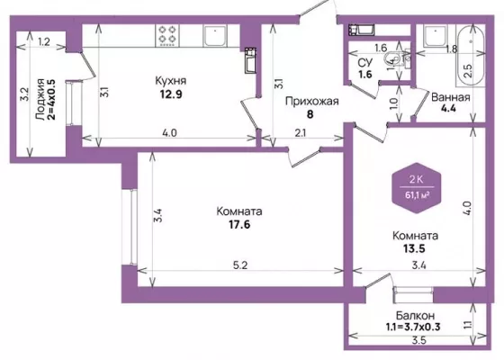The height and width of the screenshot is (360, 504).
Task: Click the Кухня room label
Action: (170, 81)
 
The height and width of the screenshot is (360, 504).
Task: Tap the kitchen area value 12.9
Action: (171, 94)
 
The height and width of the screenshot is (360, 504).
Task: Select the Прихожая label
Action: (311, 101)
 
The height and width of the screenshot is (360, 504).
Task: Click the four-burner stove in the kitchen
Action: (167, 35)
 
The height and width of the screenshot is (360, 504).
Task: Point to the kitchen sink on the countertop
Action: (215, 35)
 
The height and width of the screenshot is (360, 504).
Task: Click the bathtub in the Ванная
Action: (470, 55)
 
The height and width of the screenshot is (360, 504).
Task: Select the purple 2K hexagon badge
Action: (417, 188)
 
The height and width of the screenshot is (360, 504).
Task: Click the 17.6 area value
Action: (239, 224)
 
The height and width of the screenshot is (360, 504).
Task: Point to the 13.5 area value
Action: (414, 248)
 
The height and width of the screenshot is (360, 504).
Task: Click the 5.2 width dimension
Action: (240, 265)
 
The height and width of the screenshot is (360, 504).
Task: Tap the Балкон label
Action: (415, 315)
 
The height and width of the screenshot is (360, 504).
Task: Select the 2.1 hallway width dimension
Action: (301, 133)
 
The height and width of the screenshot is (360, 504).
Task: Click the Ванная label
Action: (450, 97)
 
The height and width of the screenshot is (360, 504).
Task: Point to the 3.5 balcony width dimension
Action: (419, 340)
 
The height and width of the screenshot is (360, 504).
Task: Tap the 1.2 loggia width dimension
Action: (44, 41)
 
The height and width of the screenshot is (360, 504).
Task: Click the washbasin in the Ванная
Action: (436, 35)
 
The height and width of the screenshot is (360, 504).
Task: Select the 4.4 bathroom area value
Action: (448, 108)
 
